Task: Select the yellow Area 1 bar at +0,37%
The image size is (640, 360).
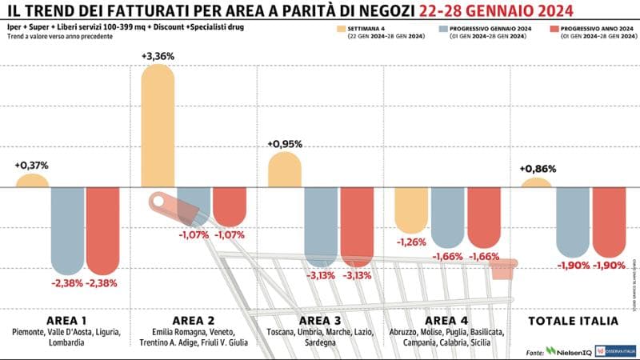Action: (32, 181)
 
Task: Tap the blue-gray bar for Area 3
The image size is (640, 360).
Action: (319, 226)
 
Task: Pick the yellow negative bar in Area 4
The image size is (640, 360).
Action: (412, 210)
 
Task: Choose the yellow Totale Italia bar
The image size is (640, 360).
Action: (536, 183)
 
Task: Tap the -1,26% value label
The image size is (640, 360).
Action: (412, 242)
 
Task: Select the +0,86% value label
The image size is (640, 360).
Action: (537, 169)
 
